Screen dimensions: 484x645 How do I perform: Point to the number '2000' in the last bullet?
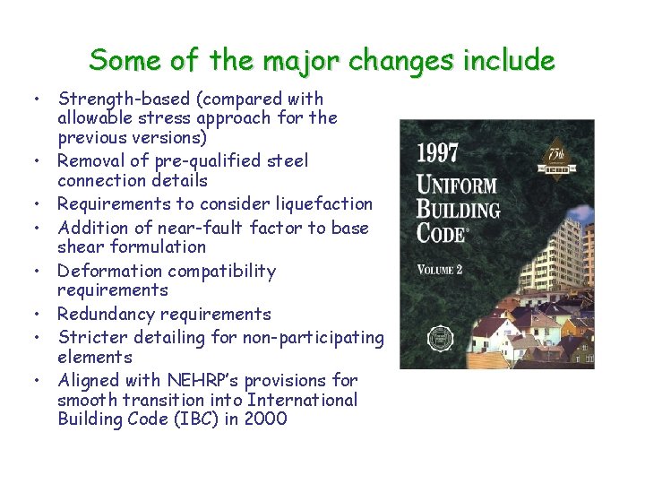[x=265, y=419]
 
